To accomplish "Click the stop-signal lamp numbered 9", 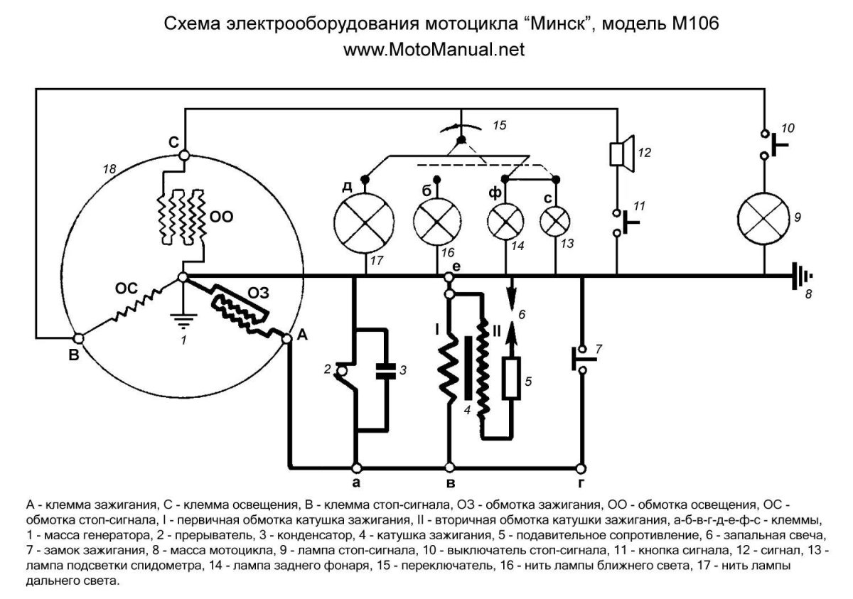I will coord(764,217).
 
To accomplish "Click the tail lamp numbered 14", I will coord(506,222).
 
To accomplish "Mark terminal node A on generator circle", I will coord(288,340).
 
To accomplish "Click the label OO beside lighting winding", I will coord(222,216).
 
